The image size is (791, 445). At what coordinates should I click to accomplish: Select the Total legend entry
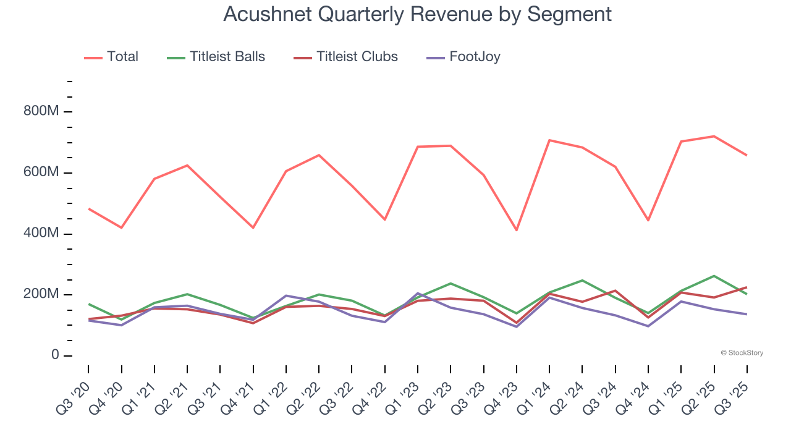111,57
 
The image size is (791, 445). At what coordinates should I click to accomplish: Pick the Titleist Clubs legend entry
345,57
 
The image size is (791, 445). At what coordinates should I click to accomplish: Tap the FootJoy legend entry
463,57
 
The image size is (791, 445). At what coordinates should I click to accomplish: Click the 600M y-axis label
41,172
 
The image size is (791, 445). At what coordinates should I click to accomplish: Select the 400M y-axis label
41,234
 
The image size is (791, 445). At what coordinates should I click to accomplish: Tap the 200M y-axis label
41,294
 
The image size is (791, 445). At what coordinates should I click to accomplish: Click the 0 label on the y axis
54,355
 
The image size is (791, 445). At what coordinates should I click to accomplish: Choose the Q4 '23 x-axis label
502,396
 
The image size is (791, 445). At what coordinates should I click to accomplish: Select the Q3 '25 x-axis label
733,396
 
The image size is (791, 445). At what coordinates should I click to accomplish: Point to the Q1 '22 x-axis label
272,396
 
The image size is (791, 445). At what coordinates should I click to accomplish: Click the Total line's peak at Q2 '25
714,136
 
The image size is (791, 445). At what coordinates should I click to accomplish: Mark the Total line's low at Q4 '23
516,231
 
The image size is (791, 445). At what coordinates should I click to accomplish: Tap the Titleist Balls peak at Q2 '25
714,276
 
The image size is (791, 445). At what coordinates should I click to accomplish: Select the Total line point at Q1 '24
549,140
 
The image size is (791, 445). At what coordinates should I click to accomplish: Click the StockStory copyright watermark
742,353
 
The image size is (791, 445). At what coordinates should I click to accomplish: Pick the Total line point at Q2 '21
187,165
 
